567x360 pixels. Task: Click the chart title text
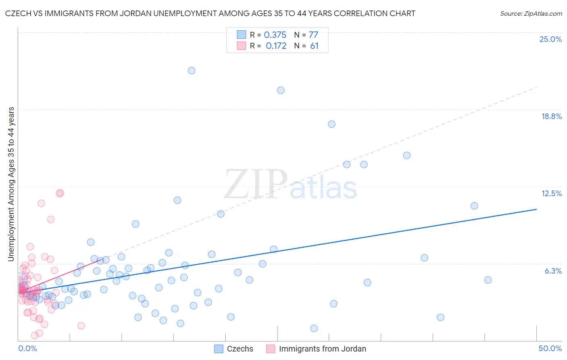[x=210, y=13]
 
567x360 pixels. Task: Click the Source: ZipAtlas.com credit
[x=531, y=13]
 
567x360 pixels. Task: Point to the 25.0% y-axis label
[x=550, y=39]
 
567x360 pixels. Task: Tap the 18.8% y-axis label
[x=551, y=116]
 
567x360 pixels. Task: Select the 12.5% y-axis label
[x=551, y=193]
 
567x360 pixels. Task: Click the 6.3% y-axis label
[x=553, y=271]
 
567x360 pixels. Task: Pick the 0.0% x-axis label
[x=27, y=348]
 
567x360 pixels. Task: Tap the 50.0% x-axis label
[x=550, y=348]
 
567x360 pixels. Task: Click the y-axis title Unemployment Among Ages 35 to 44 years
[x=11, y=184]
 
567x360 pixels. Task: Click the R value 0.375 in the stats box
[x=275, y=35]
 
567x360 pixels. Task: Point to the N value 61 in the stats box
[x=314, y=46]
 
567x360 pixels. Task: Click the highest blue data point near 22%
[x=192, y=71]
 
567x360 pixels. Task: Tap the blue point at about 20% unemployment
[x=281, y=90]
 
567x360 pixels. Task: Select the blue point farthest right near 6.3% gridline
[x=488, y=280]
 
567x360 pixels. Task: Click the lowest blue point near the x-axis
[x=314, y=329]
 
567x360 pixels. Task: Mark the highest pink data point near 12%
[x=60, y=193]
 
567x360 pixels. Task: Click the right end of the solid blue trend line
[x=536, y=209]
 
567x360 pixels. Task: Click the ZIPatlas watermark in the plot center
[x=290, y=184]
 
